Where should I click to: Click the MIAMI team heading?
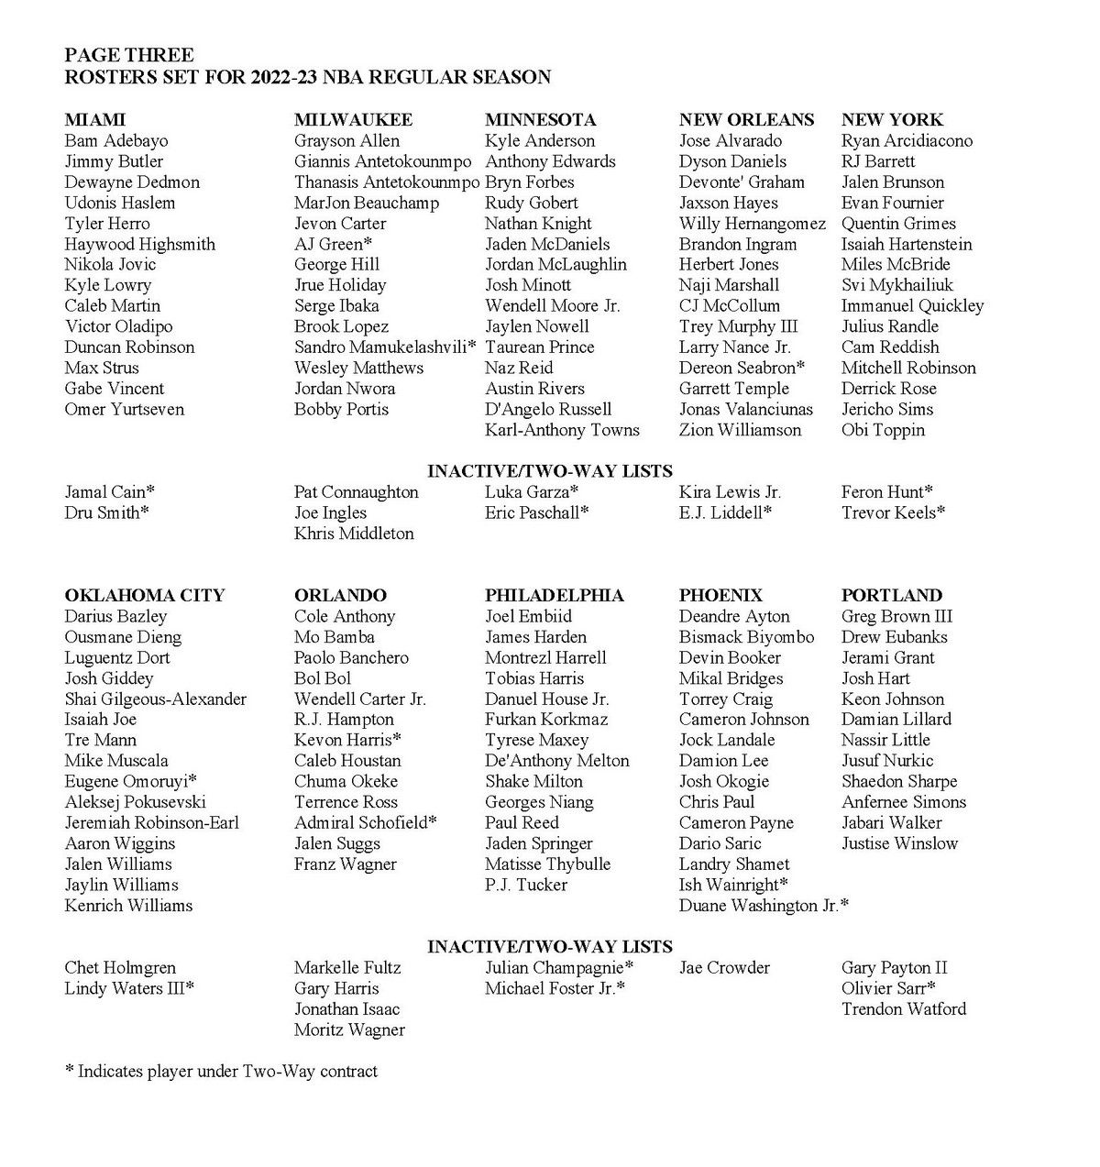[x=94, y=120]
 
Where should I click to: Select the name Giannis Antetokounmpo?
[x=382, y=161]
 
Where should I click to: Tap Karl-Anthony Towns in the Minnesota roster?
[x=562, y=430]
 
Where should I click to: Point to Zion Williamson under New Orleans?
[x=740, y=430]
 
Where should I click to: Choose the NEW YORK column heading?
[x=892, y=120]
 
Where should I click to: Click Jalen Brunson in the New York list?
[x=892, y=182]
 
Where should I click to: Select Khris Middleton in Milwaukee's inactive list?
[x=354, y=534]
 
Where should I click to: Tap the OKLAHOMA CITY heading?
[x=144, y=596]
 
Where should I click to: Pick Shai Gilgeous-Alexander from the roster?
[x=155, y=699]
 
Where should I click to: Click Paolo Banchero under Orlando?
[x=351, y=658]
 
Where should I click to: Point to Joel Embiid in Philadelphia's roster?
[x=528, y=617]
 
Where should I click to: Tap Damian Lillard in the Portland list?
[x=896, y=720]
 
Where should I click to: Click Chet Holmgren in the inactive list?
[x=120, y=968]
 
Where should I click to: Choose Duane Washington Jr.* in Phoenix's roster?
[x=764, y=906]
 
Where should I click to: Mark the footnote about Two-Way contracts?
[x=221, y=1071]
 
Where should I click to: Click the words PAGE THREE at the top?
[x=128, y=56]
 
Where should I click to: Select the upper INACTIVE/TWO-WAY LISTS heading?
[x=549, y=471]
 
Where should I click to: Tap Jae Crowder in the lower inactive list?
[x=724, y=968]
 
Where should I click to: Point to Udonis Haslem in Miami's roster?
[x=119, y=203]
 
